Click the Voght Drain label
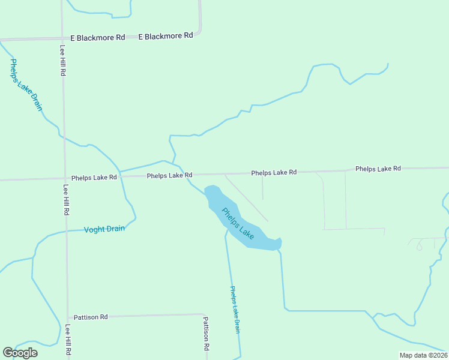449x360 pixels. (x=104, y=229)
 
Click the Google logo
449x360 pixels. (x=20, y=352)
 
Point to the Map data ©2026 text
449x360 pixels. (x=423, y=355)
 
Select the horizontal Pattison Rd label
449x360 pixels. (x=91, y=317)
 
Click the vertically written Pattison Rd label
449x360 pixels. (x=205, y=334)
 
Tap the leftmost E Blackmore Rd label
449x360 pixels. (x=97, y=37)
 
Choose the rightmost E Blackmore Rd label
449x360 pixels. (x=166, y=36)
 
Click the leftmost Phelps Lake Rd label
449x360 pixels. (x=94, y=178)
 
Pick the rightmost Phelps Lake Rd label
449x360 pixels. (x=378, y=169)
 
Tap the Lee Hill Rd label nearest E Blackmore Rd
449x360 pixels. (x=62, y=60)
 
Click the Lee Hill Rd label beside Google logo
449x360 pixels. (x=68, y=341)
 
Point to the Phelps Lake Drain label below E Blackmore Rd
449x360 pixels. (x=26, y=85)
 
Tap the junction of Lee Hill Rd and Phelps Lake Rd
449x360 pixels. (x=65, y=178)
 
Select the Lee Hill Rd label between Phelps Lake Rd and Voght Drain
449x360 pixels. (x=67, y=200)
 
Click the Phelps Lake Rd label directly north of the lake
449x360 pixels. (x=274, y=173)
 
